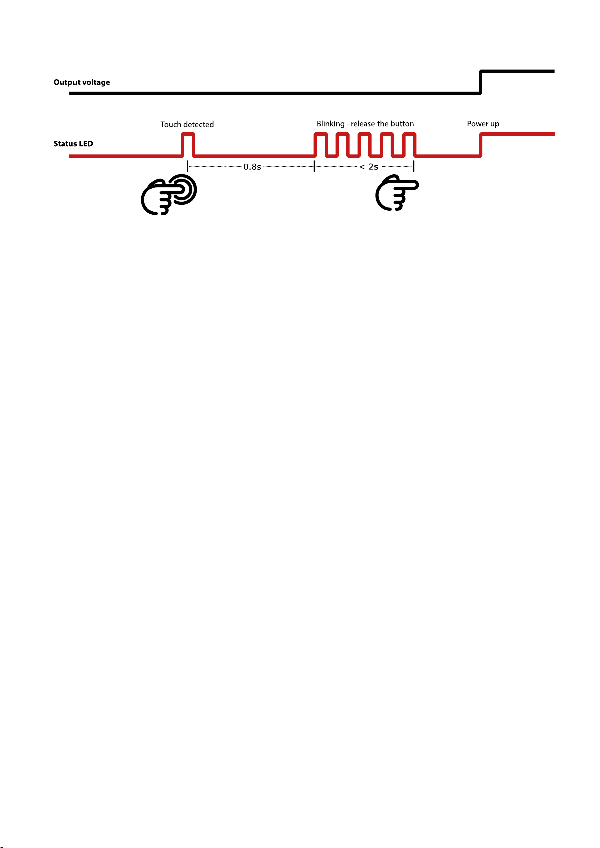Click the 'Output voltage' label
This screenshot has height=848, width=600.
click(x=82, y=82)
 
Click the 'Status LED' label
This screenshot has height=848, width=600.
click(x=73, y=144)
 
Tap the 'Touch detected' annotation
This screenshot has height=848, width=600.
click(x=187, y=124)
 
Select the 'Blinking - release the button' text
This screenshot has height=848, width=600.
click(x=365, y=124)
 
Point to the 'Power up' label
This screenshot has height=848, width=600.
click(x=483, y=124)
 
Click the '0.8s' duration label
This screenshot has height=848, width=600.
click(x=252, y=167)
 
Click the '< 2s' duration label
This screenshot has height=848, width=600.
click(x=369, y=167)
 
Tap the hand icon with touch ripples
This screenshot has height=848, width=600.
click(x=169, y=195)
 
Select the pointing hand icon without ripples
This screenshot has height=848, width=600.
click(x=397, y=192)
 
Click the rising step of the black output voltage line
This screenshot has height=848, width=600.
click(x=481, y=82)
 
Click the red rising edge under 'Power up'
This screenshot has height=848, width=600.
click(x=481, y=145)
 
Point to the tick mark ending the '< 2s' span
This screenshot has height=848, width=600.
click(x=413, y=167)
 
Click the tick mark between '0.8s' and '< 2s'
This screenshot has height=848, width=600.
click(x=314, y=167)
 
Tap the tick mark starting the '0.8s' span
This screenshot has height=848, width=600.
click(x=188, y=167)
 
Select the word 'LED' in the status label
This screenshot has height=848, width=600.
click(x=86, y=144)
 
